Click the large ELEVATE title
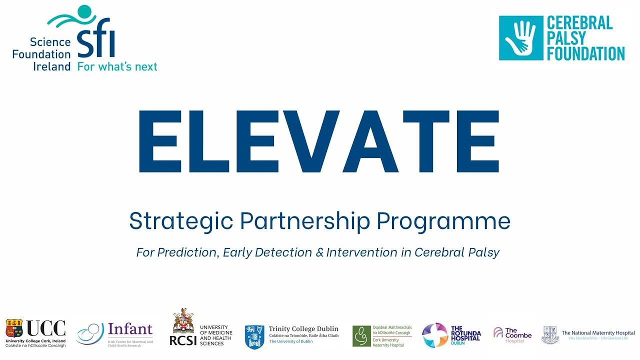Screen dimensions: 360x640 point(318,141)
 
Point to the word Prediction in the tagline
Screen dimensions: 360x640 point(187,252)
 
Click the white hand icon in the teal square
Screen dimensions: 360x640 point(520,38)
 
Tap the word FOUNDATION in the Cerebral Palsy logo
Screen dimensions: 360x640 point(585,53)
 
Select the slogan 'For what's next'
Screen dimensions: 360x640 point(117,66)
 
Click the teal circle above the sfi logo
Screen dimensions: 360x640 point(85,11)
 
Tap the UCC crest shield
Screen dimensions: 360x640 point(14,328)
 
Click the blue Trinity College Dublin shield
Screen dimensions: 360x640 point(254,336)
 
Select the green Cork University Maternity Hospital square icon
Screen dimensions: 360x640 point(361,336)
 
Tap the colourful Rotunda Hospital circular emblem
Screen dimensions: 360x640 point(435,335)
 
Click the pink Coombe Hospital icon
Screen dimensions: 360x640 point(498,332)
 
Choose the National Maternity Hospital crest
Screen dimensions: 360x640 point(550,334)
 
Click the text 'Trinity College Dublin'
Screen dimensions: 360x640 point(303,329)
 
